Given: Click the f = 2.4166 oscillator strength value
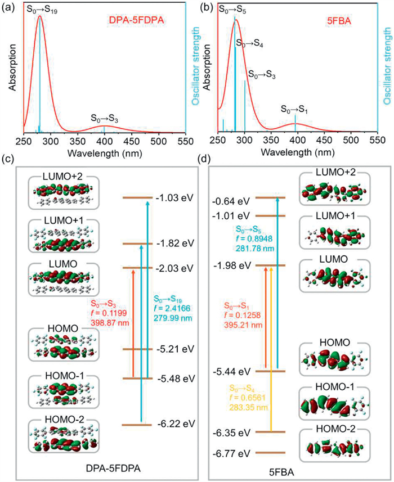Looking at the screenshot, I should tap(168, 308).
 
